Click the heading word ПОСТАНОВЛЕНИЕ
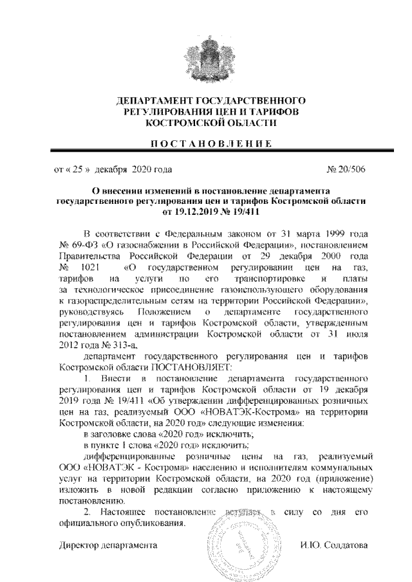206,143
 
